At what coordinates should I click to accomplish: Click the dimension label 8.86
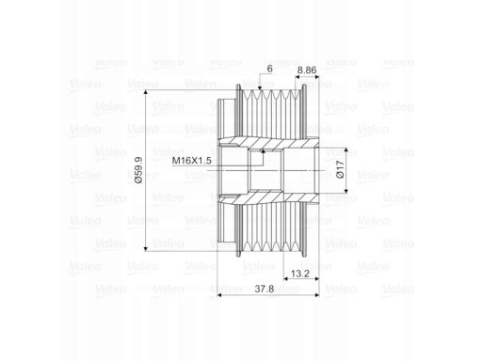(x=307, y=71)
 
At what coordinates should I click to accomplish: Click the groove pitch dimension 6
(x=269, y=70)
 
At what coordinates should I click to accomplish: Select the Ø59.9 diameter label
(x=138, y=170)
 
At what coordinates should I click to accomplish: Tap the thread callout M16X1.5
(x=192, y=161)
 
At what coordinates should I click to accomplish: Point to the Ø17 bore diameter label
(x=340, y=169)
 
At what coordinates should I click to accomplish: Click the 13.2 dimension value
(x=300, y=274)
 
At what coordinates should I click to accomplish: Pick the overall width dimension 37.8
(x=265, y=289)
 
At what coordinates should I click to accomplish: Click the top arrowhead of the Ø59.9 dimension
(x=145, y=93)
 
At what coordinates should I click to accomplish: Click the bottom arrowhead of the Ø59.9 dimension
(x=145, y=248)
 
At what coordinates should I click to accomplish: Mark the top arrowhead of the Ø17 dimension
(x=346, y=150)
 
